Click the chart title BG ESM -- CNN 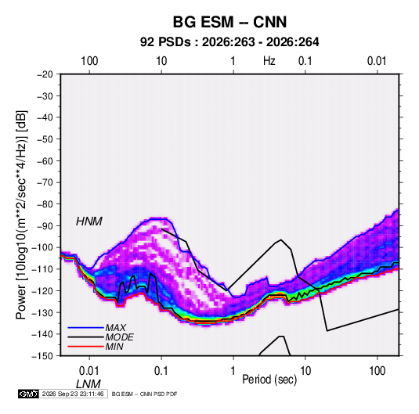click(229, 22)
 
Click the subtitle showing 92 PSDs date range click(229, 42)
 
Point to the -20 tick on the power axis click(45, 74)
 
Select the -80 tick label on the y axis click(45, 204)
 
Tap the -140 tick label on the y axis click(42, 334)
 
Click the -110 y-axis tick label click(42, 269)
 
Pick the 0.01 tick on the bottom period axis click(89, 371)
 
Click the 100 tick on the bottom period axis click(377, 371)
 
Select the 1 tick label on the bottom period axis click(233, 371)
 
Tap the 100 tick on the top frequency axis click(89, 61)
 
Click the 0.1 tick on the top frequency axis click(305, 61)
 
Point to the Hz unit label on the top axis click(269, 61)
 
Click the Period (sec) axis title click(269, 380)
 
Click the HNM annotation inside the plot click(89, 221)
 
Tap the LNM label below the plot click(88, 384)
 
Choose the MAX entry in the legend click(115, 328)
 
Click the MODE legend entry click(120, 337)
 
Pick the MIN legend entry click(114, 347)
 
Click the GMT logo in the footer click(29, 394)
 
